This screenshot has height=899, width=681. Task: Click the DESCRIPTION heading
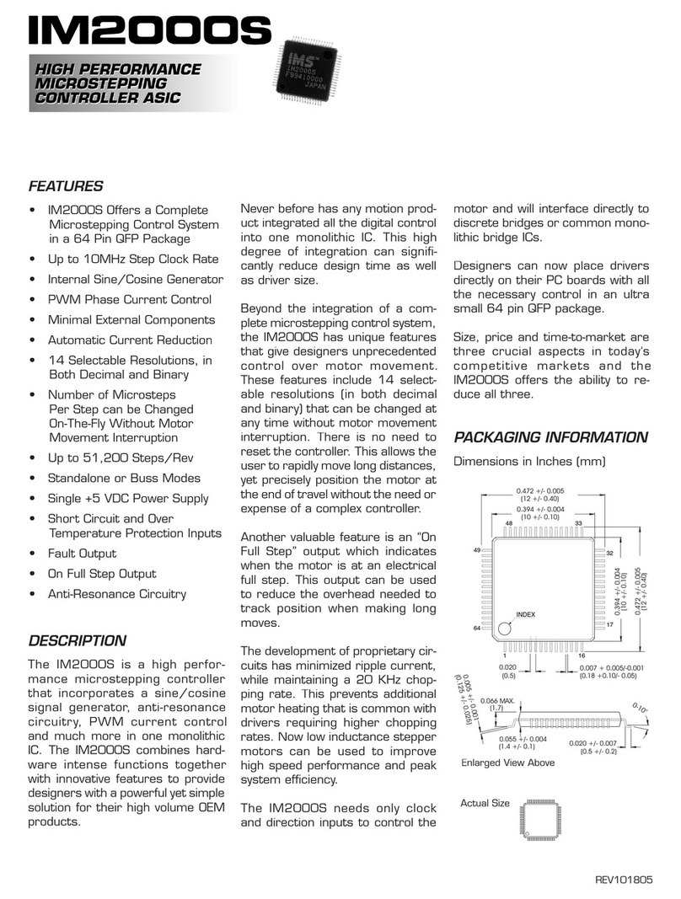[78, 640]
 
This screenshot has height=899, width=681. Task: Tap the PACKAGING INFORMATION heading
[550, 437]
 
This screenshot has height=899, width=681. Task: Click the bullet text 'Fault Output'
[82, 554]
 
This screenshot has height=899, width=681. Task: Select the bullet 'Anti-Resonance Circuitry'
[116, 594]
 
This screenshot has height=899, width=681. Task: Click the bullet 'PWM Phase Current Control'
[129, 299]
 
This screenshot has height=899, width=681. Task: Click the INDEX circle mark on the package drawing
[505, 628]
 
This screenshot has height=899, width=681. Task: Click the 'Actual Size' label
[485, 803]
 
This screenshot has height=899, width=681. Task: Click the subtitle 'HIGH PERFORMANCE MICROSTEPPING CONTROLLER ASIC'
[117, 84]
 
